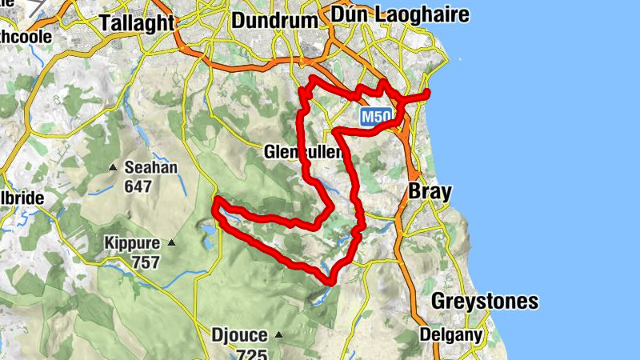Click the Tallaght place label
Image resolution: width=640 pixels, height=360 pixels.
pos(138,22)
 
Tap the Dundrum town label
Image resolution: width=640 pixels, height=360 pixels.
pos(274,21)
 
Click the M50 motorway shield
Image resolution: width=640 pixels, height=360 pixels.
pos(375,117)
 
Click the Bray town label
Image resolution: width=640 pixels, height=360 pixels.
pos(430,191)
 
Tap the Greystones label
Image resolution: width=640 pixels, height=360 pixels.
pos(484,302)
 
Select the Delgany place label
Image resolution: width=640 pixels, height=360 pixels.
pos(451,335)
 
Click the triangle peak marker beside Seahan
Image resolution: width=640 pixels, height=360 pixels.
pos(112,167)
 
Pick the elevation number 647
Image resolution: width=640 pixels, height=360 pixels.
pos(138,186)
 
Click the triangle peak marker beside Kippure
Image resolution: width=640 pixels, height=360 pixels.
pos(170,242)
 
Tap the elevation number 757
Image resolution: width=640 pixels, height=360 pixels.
pos(144,261)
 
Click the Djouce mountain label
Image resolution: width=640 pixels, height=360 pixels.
pos(238,334)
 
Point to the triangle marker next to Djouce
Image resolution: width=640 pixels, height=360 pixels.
pos(278,334)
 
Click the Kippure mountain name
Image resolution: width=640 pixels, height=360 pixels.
pos(132,242)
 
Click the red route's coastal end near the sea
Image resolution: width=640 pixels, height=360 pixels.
pos(428,94)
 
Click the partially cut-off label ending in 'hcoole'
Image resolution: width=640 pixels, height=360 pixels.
pos(26,37)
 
